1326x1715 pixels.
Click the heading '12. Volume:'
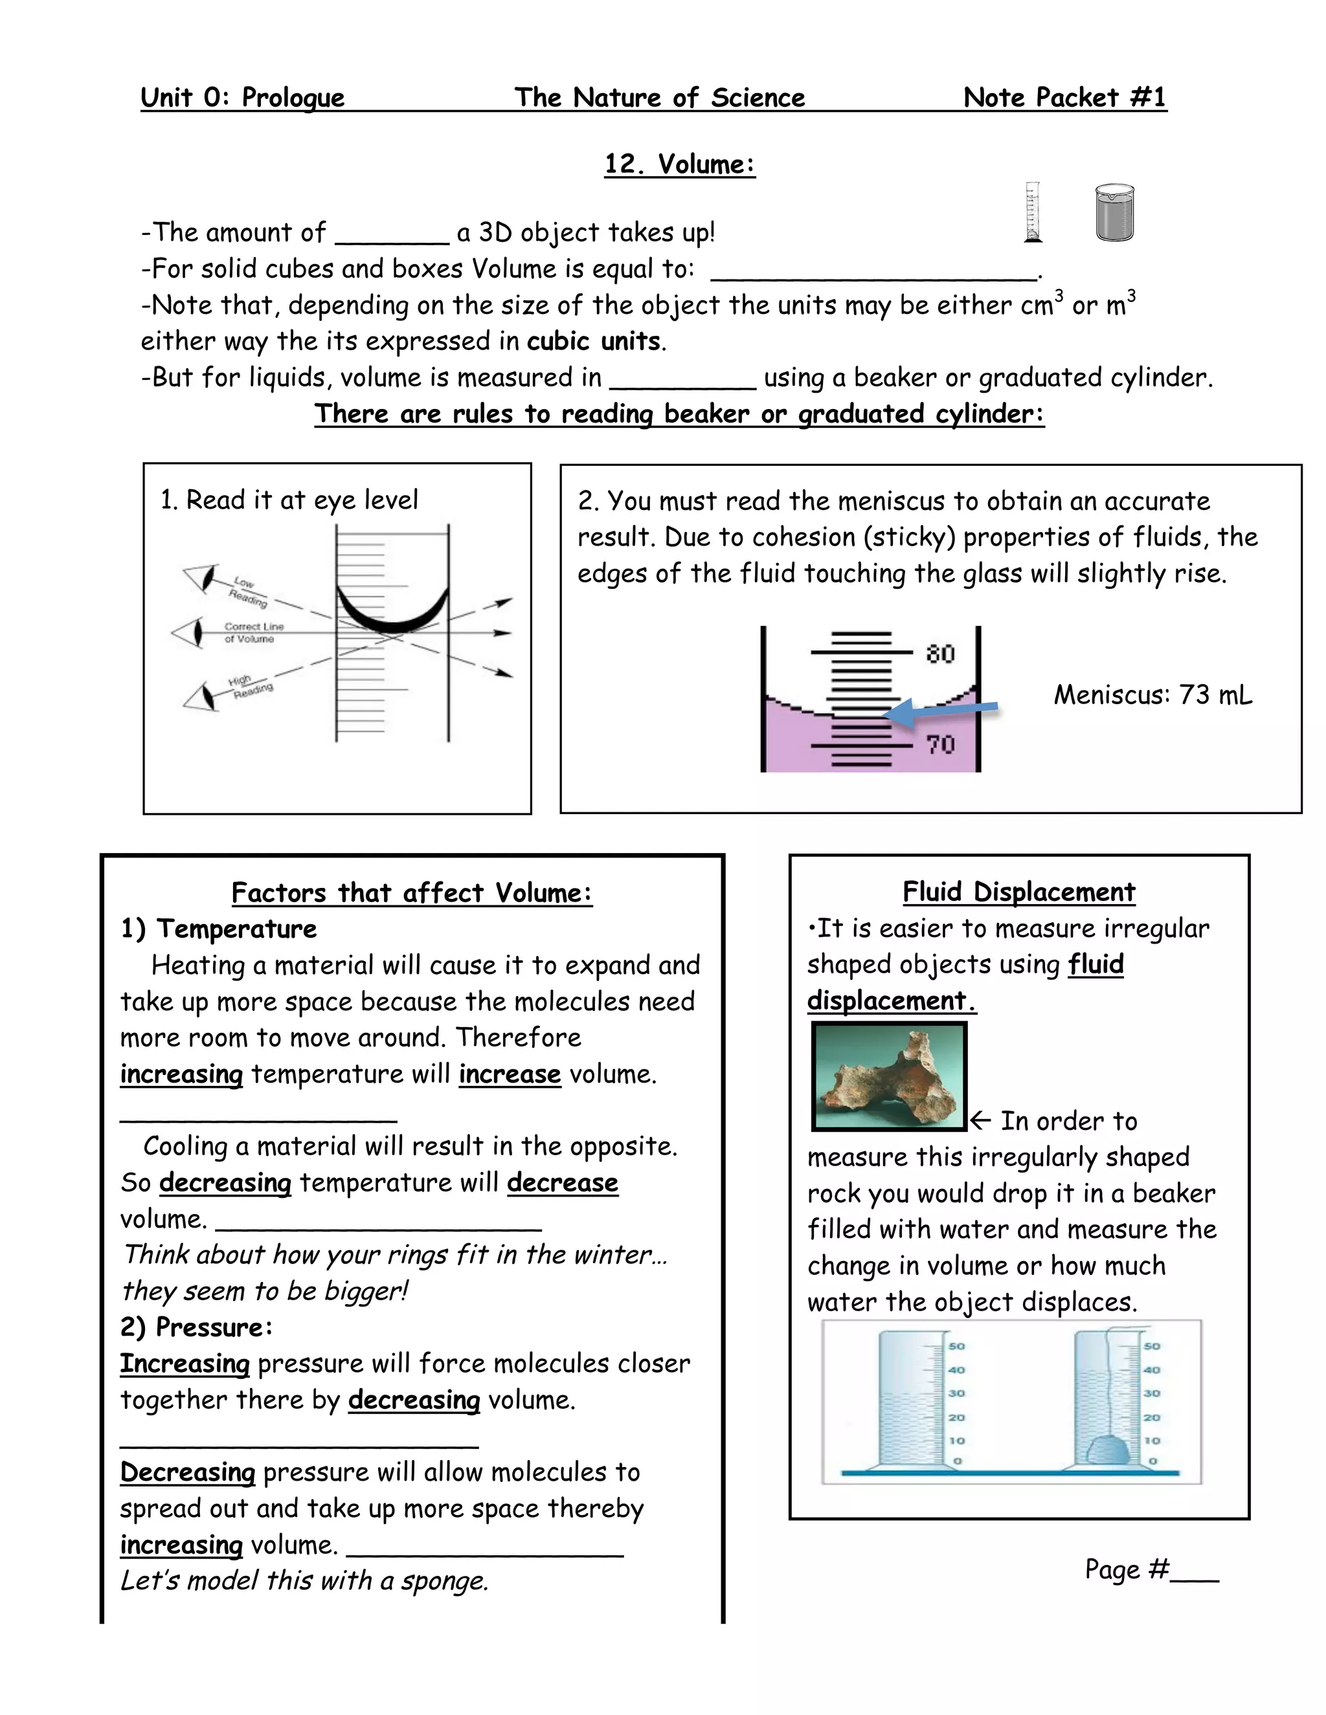(x=679, y=164)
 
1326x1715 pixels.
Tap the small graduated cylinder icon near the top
(x=1033, y=212)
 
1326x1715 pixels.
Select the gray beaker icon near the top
(x=1115, y=213)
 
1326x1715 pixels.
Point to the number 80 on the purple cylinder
(x=939, y=654)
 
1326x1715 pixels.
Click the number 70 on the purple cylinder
(x=939, y=744)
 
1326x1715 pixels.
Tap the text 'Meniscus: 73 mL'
(x=1152, y=695)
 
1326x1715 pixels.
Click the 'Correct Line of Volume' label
(x=253, y=632)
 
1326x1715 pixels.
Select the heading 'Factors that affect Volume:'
(x=412, y=893)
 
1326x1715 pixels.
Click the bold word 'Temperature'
(x=236, y=929)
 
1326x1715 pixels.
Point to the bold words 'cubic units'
(x=594, y=342)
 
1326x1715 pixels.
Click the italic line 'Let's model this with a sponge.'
(x=304, y=1580)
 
